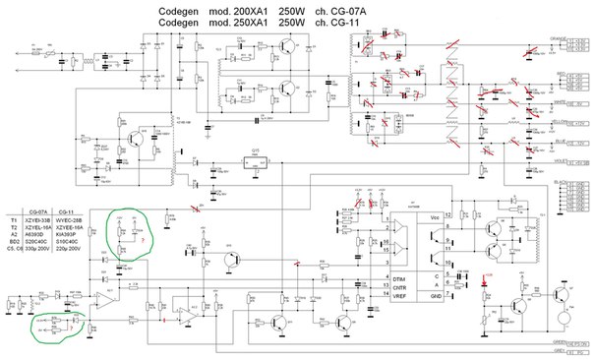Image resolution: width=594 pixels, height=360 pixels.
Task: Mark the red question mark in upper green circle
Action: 144,239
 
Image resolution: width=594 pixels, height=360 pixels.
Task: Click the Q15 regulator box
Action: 256,168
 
